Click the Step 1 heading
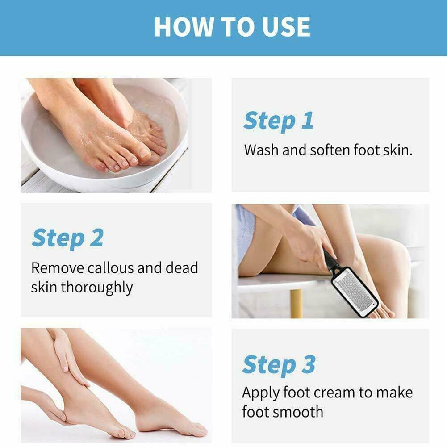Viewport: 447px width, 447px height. pyautogui.click(x=278, y=121)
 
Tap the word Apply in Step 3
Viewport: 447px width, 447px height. pyautogui.click(x=260, y=393)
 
